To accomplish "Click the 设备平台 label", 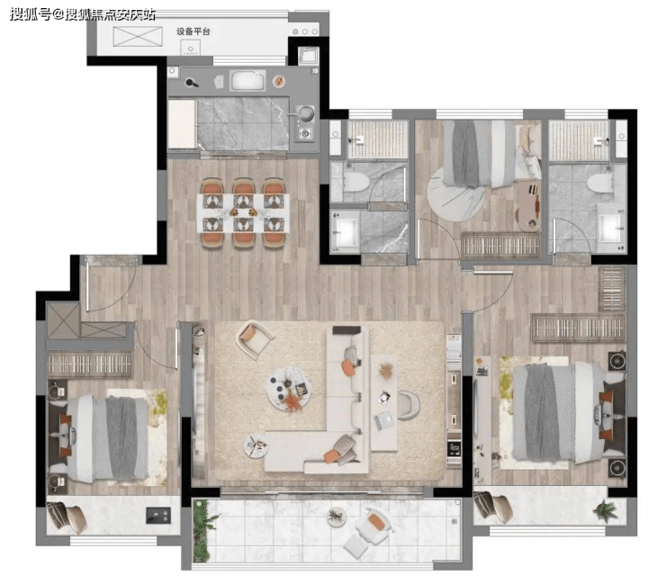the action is click(193, 31).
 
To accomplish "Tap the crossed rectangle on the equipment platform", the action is click(138, 37).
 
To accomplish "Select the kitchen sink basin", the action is click(247, 81).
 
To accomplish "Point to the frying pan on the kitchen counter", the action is click(191, 82).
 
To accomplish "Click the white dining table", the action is click(243, 213).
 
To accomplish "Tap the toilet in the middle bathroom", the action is click(355, 183).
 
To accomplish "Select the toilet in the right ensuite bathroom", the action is click(599, 184).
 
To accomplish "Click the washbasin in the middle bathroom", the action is click(346, 231).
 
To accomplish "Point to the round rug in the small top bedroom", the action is click(455, 199).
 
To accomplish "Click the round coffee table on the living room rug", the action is click(289, 389).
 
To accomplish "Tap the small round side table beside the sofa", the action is click(256, 446).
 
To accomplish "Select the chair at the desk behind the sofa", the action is click(409, 404).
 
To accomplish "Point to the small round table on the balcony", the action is click(337, 517).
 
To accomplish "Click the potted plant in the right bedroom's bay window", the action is click(606, 509).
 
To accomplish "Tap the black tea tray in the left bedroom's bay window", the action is click(158, 516).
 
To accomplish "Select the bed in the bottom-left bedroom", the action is click(100, 438).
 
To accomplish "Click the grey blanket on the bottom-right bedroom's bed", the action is click(542, 411).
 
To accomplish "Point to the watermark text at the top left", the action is click(83, 14).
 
